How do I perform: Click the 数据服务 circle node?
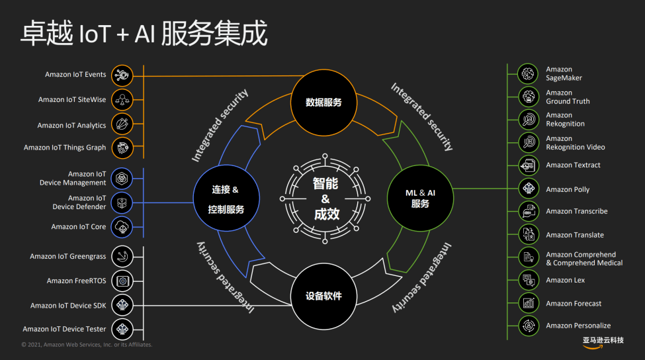click(x=324, y=102)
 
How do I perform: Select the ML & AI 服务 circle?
click(x=419, y=197)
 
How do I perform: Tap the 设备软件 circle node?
click(x=324, y=296)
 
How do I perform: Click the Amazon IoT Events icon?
click(x=122, y=75)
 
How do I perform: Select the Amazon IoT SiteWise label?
click(x=72, y=100)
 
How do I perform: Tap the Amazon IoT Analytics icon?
click(x=122, y=124)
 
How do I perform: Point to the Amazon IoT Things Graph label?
click(x=65, y=148)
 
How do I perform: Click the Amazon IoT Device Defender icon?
click(x=122, y=202)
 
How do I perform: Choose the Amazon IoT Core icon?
click(x=122, y=226)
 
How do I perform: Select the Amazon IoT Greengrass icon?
click(x=122, y=256)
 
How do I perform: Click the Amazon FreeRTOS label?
click(x=76, y=281)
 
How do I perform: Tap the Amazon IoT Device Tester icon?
click(x=122, y=328)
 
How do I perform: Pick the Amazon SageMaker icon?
click(x=529, y=73)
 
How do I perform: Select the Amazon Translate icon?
click(x=529, y=234)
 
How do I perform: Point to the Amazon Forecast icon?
click(x=529, y=303)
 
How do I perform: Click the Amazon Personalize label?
click(x=578, y=326)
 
